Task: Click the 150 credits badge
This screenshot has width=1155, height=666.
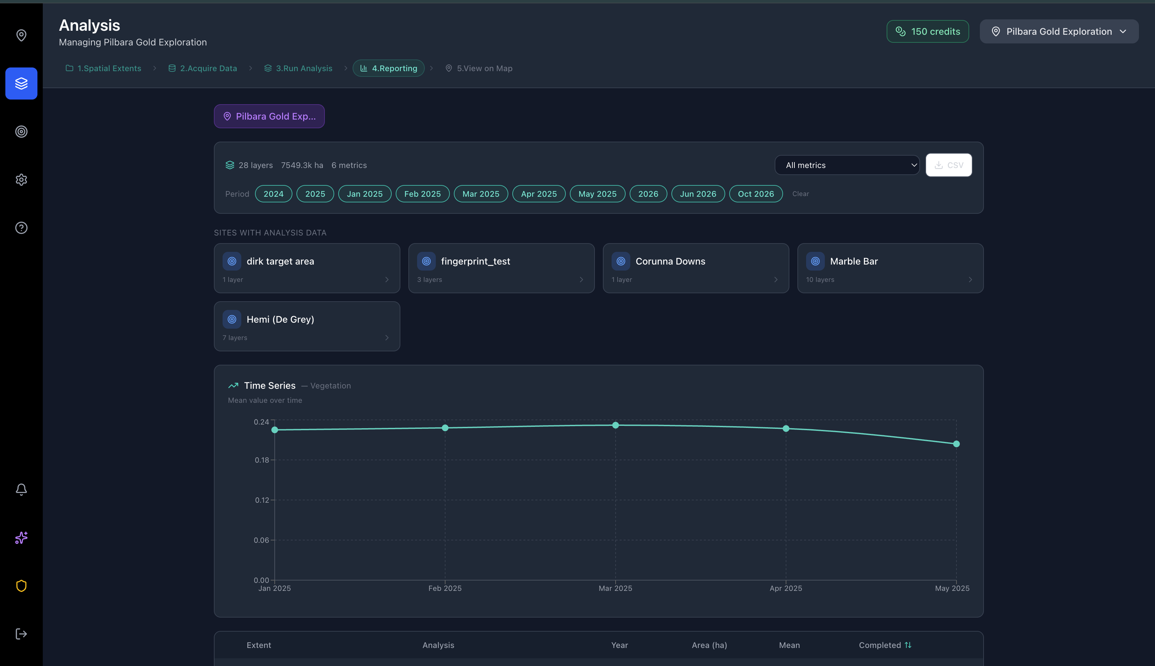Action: pos(927,31)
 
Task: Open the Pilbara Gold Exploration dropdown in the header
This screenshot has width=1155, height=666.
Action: pos(1059,31)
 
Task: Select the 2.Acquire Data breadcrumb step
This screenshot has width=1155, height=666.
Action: pos(203,68)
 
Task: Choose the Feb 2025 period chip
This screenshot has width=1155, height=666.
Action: pos(422,194)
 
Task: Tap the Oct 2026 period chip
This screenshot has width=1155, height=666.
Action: pos(756,194)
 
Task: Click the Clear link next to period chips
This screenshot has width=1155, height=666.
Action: pos(801,194)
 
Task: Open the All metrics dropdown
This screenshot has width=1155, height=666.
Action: pos(847,165)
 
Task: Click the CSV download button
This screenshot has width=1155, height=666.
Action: pos(948,165)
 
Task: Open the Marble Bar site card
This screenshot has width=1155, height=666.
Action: pos(890,268)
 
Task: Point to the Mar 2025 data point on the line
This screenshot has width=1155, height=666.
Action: pos(616,426)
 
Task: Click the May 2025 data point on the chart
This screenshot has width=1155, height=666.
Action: pos(956,444)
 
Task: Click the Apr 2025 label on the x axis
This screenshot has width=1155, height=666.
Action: pos(786,588)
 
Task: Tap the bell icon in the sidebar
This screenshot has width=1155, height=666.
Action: pos(21,489)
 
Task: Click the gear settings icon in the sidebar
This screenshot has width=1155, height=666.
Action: pos(21,180)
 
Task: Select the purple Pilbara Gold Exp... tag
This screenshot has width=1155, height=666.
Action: pos(269,116)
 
